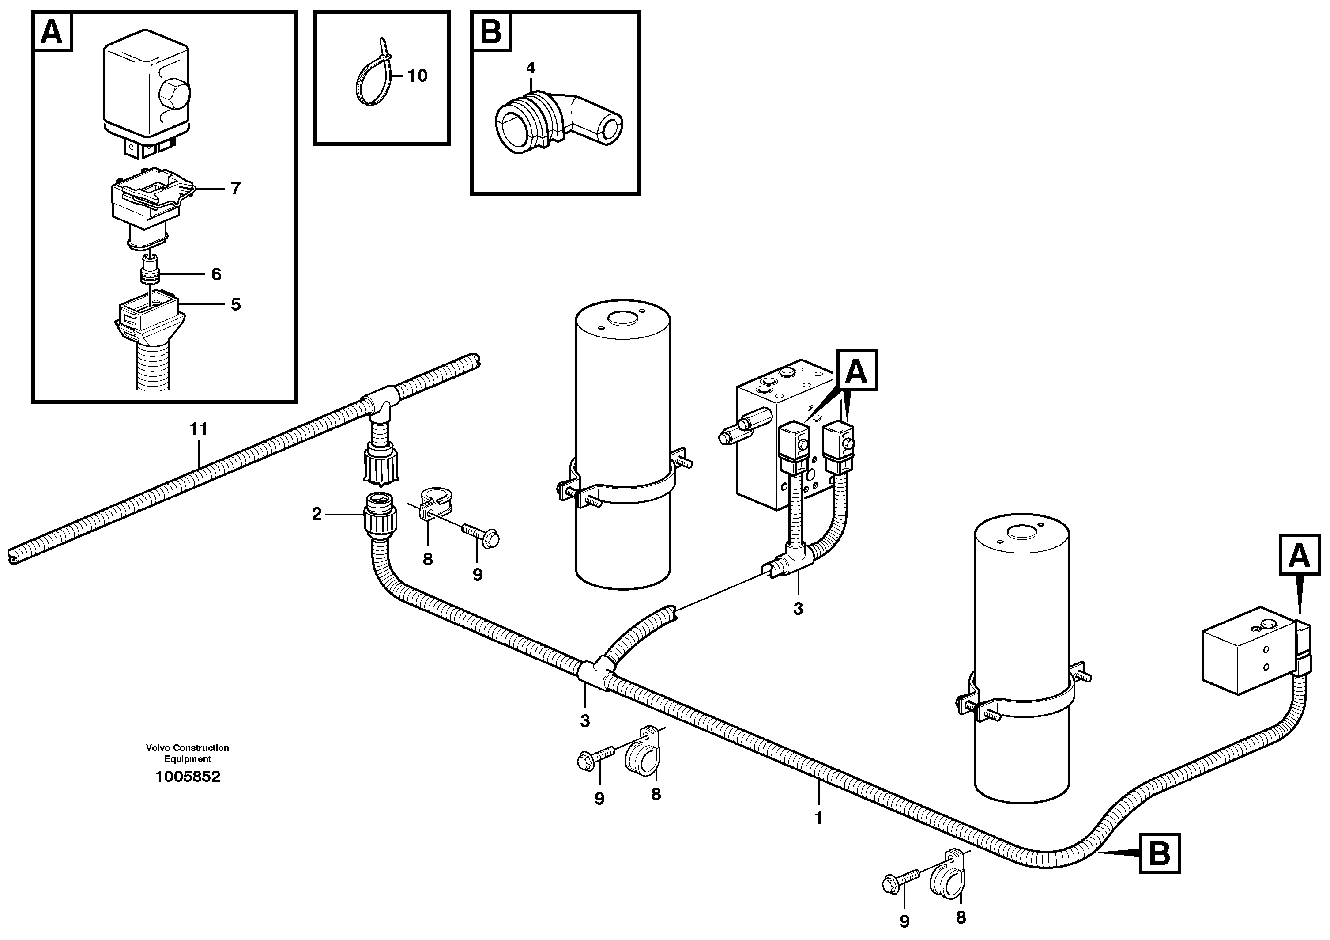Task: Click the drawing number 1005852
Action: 188,777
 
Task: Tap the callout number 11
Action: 198,429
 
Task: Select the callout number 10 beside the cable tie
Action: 417,76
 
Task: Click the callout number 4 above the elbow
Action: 530,68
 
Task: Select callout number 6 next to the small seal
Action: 216,274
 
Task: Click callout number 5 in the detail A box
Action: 235,305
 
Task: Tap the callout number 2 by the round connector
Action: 317,514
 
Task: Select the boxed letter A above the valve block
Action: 856,370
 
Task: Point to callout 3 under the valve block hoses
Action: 798,609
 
